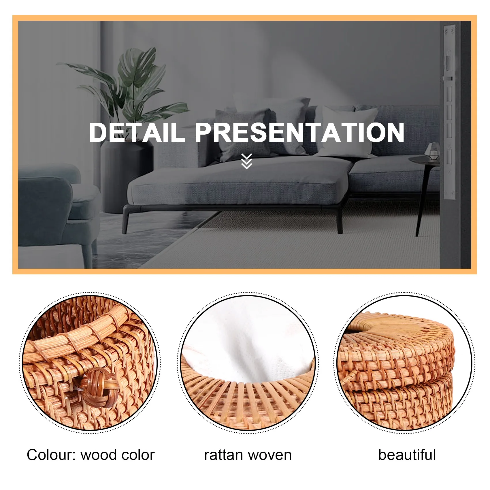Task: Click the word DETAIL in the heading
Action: [137, 132]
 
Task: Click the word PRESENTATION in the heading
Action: [300, 132]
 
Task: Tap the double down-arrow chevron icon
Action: [246, 161]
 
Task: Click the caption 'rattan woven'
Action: [248, 455]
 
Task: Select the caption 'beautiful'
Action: [407, 455]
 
